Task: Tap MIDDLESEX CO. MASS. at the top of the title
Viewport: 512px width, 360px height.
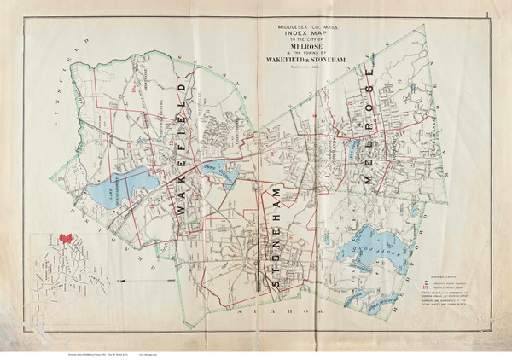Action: tap(299, 26)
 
